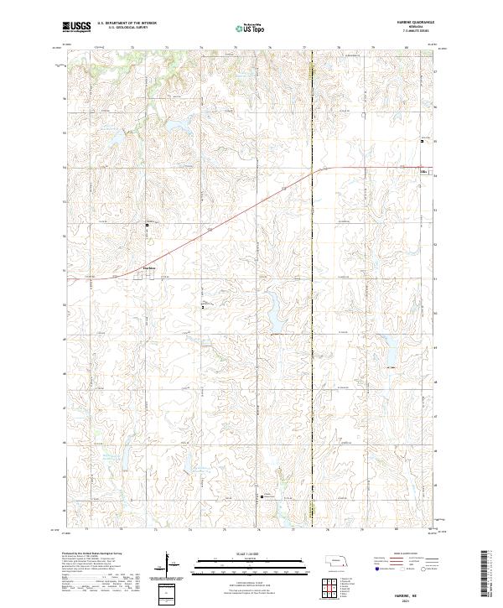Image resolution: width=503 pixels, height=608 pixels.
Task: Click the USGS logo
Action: point(77,28)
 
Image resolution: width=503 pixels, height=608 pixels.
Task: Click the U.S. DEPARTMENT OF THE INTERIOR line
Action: point(127,23)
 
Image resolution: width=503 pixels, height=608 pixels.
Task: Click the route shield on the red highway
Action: point(423,173)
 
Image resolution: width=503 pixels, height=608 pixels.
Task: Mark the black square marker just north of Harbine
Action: point(147,225)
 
